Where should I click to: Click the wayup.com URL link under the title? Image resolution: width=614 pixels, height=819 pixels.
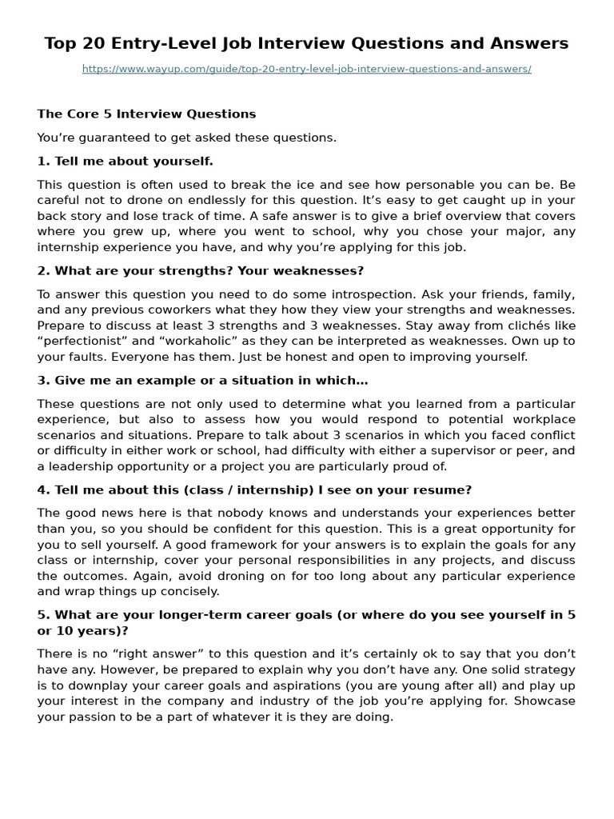(x=306, y=70)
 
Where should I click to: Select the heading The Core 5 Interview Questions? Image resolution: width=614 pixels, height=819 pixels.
(x=146, y=114)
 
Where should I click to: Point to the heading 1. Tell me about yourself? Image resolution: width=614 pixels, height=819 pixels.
(x=126, y=161)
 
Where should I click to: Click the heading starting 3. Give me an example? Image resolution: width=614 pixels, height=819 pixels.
(x=202, y=380)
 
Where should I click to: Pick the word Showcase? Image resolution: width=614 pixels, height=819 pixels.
(x=545, y=701)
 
